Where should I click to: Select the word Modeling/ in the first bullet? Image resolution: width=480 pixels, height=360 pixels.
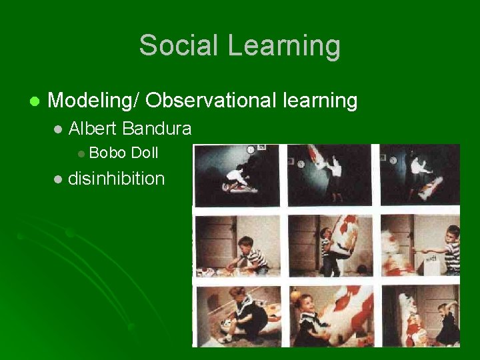93,101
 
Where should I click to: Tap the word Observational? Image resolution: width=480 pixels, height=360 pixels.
211,101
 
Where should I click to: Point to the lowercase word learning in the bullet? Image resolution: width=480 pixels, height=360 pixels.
320,101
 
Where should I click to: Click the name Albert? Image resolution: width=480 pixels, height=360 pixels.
93,128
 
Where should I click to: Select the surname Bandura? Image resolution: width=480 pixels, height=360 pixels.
157,128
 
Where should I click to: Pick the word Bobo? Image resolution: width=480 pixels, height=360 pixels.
107,153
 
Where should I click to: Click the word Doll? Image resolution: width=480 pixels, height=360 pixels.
144,153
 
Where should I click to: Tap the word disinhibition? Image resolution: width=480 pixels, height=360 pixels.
117,179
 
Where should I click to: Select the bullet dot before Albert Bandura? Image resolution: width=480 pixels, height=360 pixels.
58,129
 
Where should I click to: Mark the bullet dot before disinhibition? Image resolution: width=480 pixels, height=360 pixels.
58,179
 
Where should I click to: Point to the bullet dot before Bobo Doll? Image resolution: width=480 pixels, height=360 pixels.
81,154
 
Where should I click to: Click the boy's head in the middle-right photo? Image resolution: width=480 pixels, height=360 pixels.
453,235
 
